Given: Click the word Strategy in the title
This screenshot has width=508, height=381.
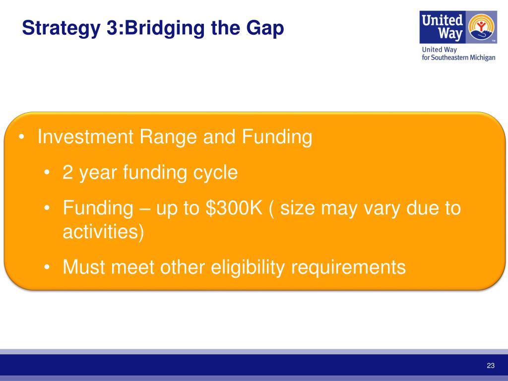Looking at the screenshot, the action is (x=61, y=28).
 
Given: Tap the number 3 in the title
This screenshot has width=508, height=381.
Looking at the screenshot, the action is (x=112, y=28).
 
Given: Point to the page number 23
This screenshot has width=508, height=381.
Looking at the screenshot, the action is (x=491, y=366).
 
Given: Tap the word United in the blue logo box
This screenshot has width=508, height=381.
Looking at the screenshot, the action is (x=442, y=20).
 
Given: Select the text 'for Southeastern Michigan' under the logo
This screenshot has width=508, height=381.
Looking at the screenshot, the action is (x=458, y=58).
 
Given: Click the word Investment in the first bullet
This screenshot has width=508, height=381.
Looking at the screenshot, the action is (x=85, y=136).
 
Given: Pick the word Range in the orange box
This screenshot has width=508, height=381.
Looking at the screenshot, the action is (x=168, y=137).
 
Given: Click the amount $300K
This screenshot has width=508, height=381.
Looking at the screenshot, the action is (x=234, y=208).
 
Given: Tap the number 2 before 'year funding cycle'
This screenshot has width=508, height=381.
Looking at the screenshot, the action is (x=67, y=172).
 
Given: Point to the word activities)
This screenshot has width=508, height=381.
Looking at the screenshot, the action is (x=103, y=232).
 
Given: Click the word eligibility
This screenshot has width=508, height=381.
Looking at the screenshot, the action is (x=248, y=268).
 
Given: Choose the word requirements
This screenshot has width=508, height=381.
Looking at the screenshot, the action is (x=348, y=268).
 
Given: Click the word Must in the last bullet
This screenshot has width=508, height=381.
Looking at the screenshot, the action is (x=83, y=267).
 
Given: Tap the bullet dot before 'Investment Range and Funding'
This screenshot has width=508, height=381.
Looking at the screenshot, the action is (x=21, y=137).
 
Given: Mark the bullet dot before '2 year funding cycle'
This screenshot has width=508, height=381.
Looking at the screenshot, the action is (x=47, y=172).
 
